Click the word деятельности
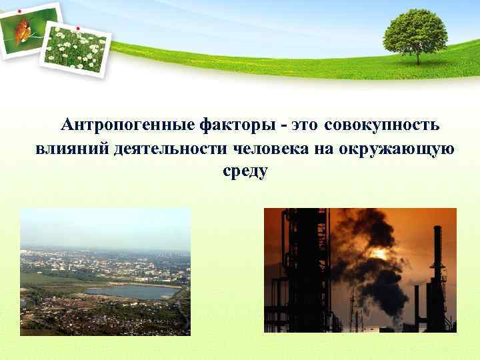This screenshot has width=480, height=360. [x=171, y=148]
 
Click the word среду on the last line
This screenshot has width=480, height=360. [x=245, y=171]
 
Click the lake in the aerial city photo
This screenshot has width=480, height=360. [x=131, y=292]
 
